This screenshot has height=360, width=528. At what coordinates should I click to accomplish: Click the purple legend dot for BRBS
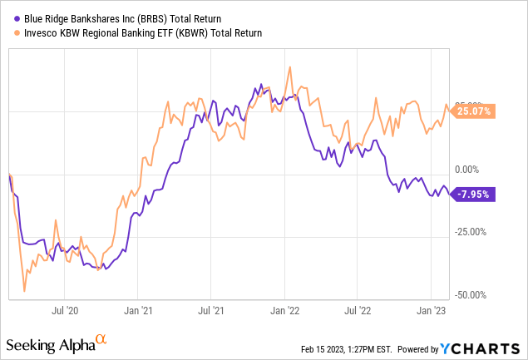[17, 19]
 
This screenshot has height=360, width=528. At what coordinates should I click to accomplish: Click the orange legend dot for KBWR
[17, 33]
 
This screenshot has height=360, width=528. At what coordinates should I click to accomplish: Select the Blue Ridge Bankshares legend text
[122, 19]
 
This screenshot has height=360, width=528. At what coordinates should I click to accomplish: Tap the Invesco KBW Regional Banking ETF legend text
[143, 33]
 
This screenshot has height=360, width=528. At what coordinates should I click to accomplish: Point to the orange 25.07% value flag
[471, 111]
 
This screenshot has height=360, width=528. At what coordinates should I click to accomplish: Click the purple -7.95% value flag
[471, 195]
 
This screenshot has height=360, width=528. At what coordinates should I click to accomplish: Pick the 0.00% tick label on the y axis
[466, 169]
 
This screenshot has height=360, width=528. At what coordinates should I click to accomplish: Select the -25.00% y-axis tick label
[471, 232]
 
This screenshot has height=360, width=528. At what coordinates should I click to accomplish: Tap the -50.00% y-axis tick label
[471, 295]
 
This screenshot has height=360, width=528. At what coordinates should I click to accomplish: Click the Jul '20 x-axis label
[65, 310]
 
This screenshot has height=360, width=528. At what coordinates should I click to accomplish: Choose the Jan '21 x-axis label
[138, 310]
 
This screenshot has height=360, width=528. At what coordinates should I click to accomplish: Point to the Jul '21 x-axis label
[211, 310]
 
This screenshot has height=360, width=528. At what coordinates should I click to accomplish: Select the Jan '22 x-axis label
[285, 310]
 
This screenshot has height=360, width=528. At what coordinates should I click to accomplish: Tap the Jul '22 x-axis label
[358, 310]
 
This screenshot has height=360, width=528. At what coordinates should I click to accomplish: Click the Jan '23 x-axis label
[431, 310]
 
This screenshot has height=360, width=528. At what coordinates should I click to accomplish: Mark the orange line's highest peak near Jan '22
[289, 67]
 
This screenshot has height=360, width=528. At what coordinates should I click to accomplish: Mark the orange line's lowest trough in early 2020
[24, 291]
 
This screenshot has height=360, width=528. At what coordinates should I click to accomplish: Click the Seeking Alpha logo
[57, 344]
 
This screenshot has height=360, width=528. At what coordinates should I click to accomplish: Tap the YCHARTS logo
[480, 349]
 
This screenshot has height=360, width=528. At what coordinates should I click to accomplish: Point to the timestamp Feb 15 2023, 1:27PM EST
[347, 349]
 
